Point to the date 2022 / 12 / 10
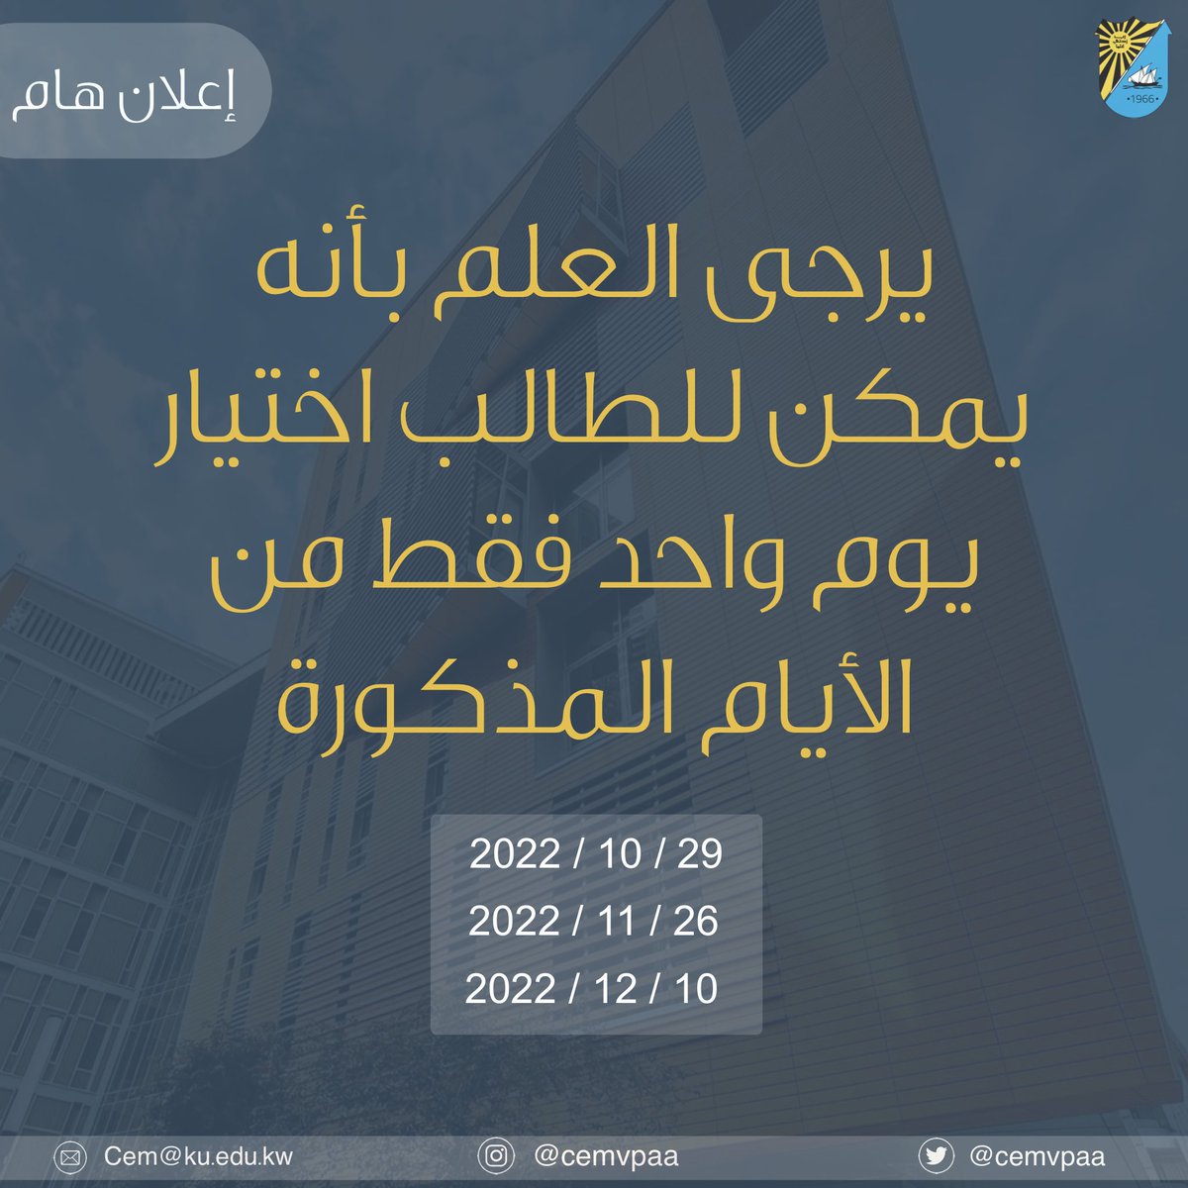click(x=592, y=989)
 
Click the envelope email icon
click(x=69, y=1156)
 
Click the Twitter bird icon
click(x=936, y=1156)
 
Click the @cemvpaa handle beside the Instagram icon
click(x=606, y=1156)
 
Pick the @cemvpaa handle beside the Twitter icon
click(x=1038, y=1156)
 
